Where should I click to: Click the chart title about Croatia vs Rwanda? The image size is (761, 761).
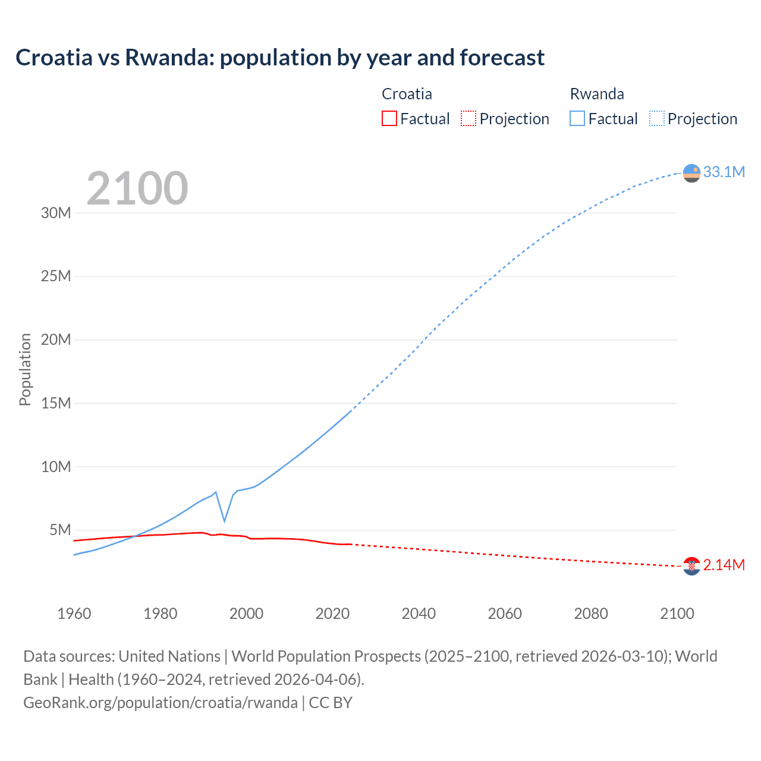click(x=279, y=58)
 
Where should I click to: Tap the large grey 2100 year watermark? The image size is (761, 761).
click(x=137, y=188)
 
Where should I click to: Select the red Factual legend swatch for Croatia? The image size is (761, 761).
click(x=389, y=118)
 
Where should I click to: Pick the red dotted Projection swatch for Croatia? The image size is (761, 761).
click(x=468, y=118)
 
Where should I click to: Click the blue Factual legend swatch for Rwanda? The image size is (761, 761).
click(x=577, y=118)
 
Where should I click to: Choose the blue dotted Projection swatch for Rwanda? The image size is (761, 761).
click(x=656, y=118)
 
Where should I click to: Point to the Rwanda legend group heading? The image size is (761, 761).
click(x=597, y=94)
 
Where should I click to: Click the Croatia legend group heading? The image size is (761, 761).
click(x=407, y=94)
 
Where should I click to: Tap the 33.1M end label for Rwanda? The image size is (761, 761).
click(x=724, y=172)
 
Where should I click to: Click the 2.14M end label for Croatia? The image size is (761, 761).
click(x=724, y=565)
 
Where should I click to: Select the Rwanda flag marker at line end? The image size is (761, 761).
click(x=691, y=173)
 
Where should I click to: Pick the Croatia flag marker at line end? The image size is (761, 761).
click(x=691, y=566)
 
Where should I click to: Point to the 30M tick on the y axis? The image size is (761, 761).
click(x=56, y=213)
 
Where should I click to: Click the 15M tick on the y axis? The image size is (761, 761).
click(x=56, y=403)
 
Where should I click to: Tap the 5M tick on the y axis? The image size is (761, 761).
click(x=60, y=530)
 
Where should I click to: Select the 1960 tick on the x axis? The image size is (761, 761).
click(x=74, y=614)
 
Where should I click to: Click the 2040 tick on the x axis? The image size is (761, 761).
click(x=419, y=614)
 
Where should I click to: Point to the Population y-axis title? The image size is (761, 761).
click(x=25, y=369)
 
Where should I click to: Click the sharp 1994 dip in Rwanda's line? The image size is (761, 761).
click(x=224, y=521)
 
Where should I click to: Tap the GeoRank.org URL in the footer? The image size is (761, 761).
click(x=161, y=703)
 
